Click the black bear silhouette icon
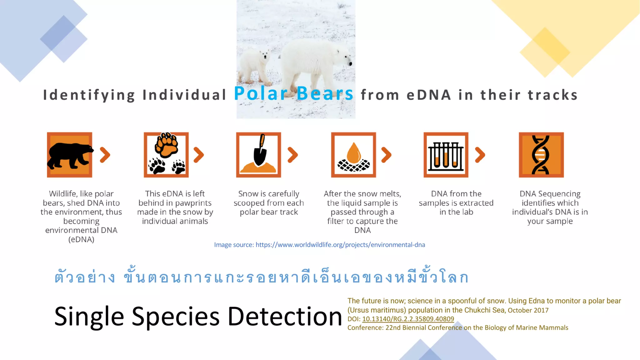(69, 155)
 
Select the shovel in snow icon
(259, 155)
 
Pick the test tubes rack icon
(446, 155)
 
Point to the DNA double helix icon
(541, 155)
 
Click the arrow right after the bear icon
(105, 155)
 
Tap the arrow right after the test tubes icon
(480, 155)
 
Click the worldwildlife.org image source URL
(340, 245)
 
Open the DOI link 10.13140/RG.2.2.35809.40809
(408, 319)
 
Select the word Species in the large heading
(175, 317)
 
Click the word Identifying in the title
(89, 95)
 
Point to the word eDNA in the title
(429, 95)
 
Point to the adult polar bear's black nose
(351, 64)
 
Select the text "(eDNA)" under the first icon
(81, 240)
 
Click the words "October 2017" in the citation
(528, 310)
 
